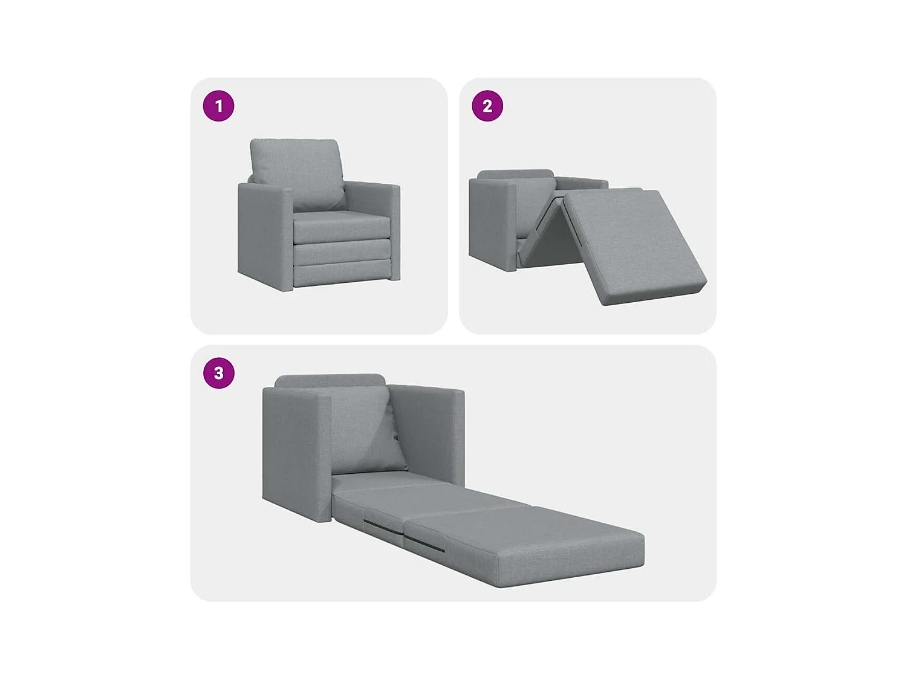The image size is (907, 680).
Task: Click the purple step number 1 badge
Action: click(x=218, y=106)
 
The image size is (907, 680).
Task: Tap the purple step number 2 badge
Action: click(x=487, y=106)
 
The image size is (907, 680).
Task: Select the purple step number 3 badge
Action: click(x=218, y=374)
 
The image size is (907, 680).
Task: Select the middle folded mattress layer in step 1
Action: click(x=342, y=252)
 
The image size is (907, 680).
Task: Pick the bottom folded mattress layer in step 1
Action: click(x=342, y=273)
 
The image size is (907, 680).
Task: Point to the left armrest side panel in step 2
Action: click(x=491, y=224)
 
